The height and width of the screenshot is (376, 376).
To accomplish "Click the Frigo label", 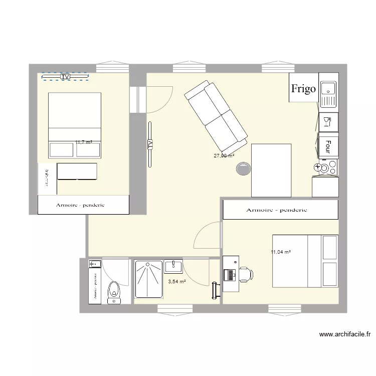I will click(304, 89).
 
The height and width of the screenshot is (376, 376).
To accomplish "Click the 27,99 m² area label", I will click(224, 156).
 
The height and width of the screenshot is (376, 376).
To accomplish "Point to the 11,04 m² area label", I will click(281, 252).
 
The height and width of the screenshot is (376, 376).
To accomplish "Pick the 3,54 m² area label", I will click(176, 282).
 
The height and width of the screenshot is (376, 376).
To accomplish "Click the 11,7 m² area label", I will click(83, 142).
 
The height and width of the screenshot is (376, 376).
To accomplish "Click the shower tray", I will click(148, 282).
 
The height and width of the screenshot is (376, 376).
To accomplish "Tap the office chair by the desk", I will click(246, 274).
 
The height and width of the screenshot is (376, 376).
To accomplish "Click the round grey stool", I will click(244, 169).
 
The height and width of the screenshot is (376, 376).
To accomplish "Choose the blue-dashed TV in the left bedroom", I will click(65, 77).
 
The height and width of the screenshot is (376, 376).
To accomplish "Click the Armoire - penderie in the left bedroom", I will click(84, 205).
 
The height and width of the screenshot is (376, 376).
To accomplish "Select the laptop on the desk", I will click(230, 275).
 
